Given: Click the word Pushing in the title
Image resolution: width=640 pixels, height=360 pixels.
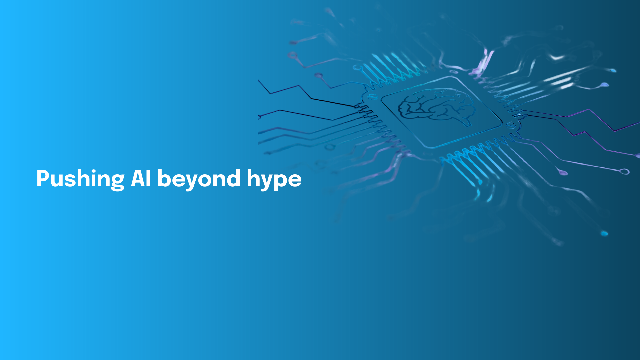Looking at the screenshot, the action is pyautogui.click(x=80, y=179).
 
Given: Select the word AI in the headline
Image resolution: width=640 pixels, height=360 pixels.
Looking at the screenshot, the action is pyautogui.click(x=141, y=178).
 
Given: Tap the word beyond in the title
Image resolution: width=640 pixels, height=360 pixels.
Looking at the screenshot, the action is pyautogui.click(x=199, y=179).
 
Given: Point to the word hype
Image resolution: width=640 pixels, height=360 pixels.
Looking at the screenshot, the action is pyautogui.click(x=274, y=179).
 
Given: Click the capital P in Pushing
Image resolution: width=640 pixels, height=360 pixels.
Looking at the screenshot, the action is pyautogui.click(x=43, y=178).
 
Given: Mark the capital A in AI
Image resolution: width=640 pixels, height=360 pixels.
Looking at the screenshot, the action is pyautogui.click(x=138, y=178).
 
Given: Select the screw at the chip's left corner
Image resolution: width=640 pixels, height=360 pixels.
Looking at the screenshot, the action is pyautogui.click(x=371, y=97).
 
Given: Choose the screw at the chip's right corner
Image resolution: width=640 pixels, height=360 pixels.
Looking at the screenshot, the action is pyautogui.click(x=510, y=125).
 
